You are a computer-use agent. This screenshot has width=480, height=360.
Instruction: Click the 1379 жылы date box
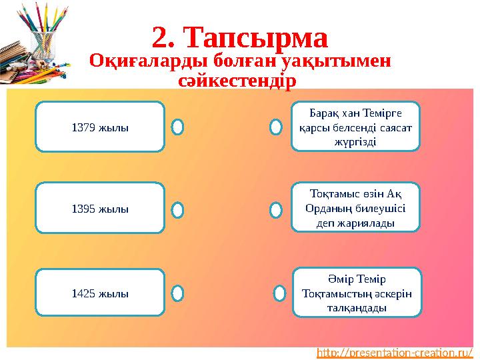tap(100, 127)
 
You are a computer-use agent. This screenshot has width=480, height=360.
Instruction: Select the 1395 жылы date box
tap(100, 209)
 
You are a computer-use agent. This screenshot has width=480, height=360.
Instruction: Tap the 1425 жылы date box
tap(100, 293)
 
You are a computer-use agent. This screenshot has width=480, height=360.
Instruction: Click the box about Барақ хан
tap(357, 126)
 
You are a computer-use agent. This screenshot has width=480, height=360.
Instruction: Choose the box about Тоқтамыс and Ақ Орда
tap(357, 207)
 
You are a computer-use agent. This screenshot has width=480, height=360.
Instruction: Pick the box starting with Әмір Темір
tap(357, 292)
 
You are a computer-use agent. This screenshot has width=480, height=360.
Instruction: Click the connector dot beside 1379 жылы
tap(177, 127)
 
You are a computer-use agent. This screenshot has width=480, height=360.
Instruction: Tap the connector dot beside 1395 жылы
tap(177, 210)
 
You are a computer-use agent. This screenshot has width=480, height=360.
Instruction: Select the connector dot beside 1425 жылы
tap(177, 293)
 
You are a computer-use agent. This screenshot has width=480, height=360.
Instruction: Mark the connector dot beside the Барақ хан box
tap(275, 127)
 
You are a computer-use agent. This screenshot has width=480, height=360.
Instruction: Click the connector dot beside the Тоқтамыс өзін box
tap(275, 210)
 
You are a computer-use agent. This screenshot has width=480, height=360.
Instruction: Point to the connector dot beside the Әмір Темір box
tap(281, 293)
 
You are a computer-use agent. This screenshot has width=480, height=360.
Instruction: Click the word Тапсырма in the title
tap(257, 38)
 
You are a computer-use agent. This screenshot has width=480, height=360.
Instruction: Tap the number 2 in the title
tap(160, 38)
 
